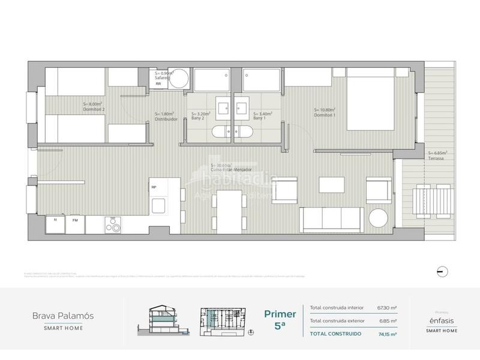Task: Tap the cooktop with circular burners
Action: [113, 226]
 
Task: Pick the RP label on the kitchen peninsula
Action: [154, 187]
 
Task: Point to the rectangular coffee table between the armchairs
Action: [331, 184]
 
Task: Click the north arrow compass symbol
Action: [442, 270]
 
